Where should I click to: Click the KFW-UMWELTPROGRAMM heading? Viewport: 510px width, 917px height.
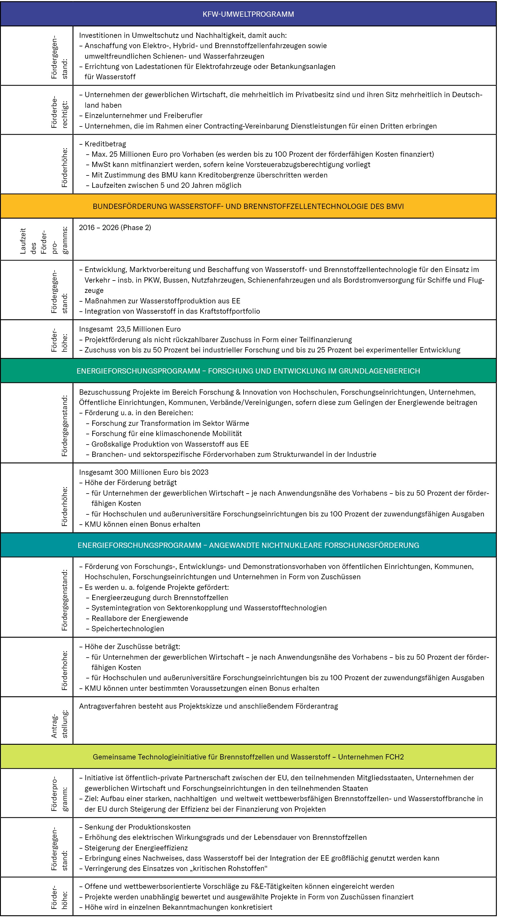[248, 14]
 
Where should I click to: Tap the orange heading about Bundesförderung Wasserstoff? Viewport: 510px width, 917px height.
[248, 207]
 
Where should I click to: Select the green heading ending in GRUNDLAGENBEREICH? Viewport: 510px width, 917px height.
[248, 371]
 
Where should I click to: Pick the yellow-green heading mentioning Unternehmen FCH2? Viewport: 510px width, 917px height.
[248, 756]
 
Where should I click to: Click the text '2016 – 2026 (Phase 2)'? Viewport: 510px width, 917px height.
[115, 227]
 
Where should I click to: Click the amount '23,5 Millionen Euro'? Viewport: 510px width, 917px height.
[148, 329]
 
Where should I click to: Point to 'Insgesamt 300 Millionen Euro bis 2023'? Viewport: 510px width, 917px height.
[144, 472]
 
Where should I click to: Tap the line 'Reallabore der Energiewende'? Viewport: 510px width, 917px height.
[140, 618]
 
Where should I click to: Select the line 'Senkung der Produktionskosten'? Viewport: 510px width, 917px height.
[137, 827]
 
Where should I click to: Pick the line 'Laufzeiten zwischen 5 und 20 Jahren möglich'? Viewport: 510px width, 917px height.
[166, 185]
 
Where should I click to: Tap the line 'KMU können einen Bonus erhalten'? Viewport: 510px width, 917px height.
[142, 524]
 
